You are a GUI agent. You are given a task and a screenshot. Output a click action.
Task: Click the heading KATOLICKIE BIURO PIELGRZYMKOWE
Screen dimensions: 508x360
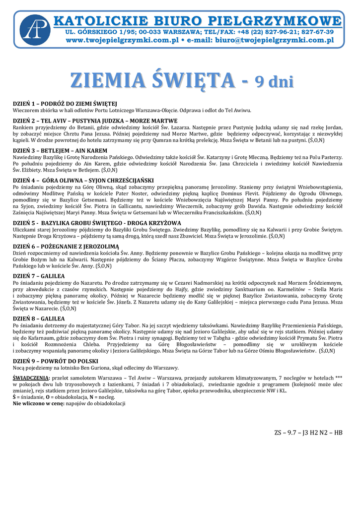pos(198,21)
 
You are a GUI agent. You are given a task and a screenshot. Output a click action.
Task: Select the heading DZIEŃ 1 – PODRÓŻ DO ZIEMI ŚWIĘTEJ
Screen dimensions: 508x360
pos(65,104)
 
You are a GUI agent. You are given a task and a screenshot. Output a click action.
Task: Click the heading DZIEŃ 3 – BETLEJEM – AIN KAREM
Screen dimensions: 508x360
pos(60,150)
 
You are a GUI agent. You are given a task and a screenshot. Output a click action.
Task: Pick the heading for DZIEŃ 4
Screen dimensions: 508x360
pos(83,180)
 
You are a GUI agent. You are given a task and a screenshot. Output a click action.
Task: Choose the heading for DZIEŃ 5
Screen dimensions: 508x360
pos(97,223)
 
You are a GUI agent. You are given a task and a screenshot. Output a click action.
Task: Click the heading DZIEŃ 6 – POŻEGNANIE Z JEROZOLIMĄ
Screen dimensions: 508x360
pos(66,247)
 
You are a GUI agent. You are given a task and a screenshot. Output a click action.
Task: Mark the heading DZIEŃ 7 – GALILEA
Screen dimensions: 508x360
pos(39,276)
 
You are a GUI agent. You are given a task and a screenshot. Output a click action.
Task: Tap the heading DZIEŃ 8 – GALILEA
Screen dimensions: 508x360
pos(39,318)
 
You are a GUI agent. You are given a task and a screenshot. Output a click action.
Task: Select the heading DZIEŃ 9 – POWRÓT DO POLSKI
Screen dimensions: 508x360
pos(56,361)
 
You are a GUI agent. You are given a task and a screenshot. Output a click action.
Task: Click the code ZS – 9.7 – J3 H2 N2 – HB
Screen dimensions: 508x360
pos(308,433)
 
